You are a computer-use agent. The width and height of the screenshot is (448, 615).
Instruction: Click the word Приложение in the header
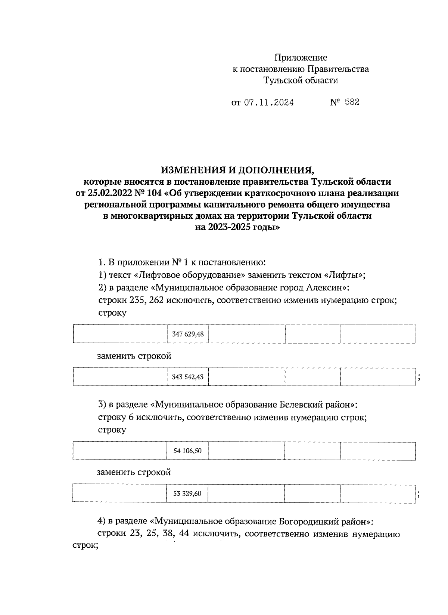pyautogui.click(x=301, y=58)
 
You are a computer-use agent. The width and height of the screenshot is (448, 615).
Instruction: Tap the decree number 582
pyautogui.click(x=352, y=102)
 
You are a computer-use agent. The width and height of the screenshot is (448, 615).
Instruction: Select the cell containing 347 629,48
pyautogui.click(x=188, y=334)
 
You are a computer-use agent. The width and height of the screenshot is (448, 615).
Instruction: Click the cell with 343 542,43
pyautogui.click(x=188, y=377)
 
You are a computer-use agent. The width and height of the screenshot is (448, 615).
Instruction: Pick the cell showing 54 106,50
pyautogui.click(x=187, y=451)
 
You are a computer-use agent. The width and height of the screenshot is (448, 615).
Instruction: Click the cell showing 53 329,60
pyautogui.click(x=187, y=493)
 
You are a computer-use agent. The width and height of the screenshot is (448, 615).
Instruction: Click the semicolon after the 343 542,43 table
pyautogui.click(x=420, y=378)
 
